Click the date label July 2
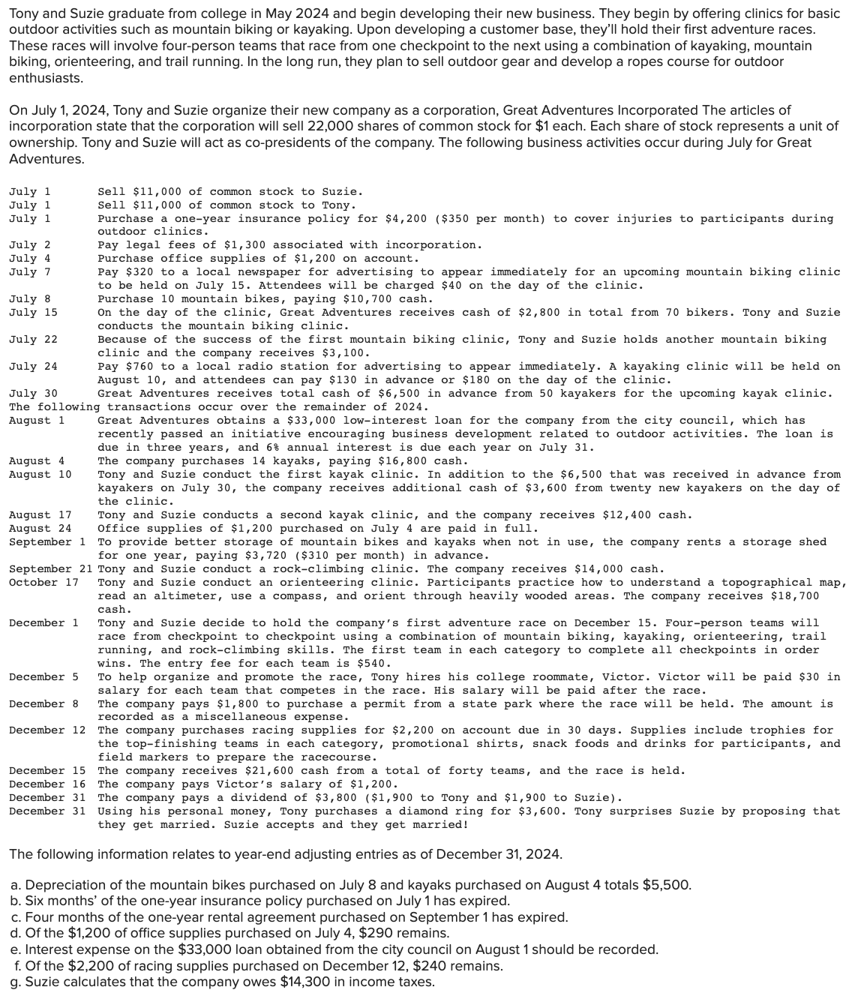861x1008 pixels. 30,245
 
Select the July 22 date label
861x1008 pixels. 33,340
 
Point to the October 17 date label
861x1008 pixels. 43,583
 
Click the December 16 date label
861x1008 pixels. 47,784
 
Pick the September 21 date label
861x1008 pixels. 50,569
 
